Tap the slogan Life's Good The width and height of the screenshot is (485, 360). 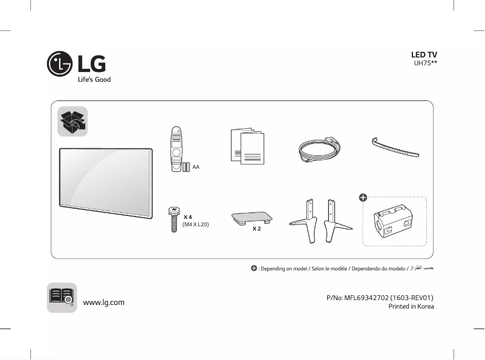[x=94, y=79]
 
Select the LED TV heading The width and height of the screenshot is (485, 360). [x=424, y=54]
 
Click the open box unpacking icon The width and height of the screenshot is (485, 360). [x=73, y=122]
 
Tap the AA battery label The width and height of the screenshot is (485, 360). [x=196, y=166]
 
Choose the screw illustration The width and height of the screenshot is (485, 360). [x=172, y=220]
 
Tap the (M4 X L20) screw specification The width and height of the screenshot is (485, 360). [x=195, y=224]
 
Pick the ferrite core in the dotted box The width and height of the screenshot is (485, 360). [x=394, y=221]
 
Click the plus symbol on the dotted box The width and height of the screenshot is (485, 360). [x=363, y=197]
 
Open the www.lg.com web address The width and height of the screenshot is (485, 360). [x=103, y=302]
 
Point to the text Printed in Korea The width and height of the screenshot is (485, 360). [x=411, y=306]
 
